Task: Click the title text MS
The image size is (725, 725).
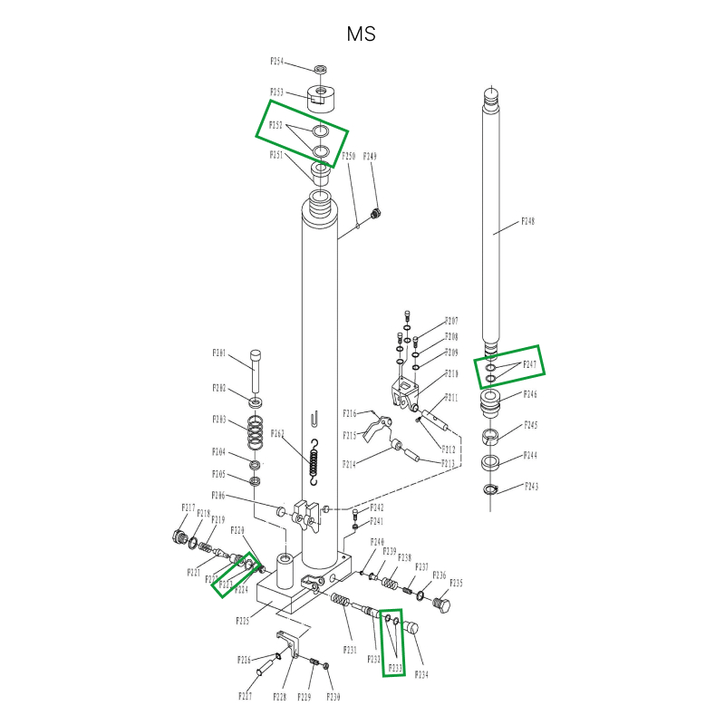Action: [361, 34]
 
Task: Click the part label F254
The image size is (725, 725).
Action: [277, 62]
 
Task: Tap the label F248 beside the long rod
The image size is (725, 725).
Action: [528, 221]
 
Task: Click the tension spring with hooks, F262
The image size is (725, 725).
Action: [314, 461]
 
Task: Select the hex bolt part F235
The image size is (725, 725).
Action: [442, 604]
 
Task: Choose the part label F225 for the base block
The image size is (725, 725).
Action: [243, 622]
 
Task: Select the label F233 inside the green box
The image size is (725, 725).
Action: [396, 669]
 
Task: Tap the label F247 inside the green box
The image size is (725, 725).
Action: [529, 365]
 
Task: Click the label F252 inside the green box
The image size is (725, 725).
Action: [277, 125]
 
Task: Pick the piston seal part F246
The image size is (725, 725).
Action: [490, 402]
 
